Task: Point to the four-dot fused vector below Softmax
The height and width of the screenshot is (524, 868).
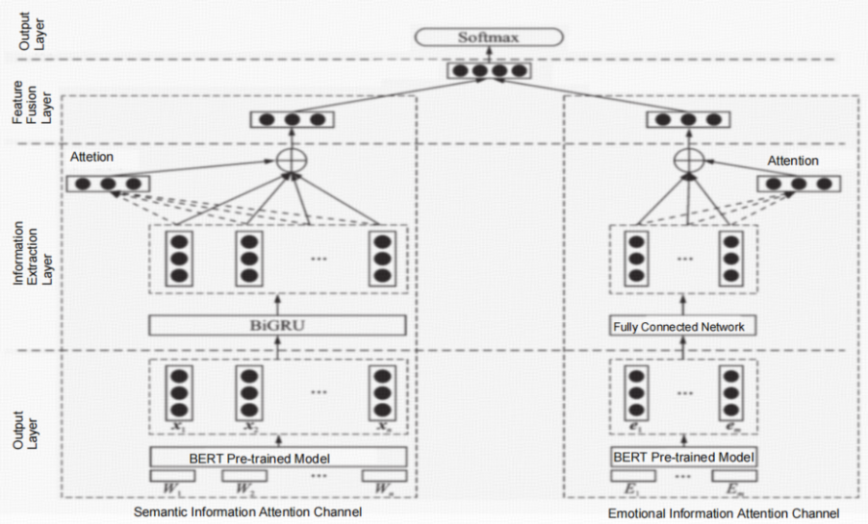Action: coord(488,71)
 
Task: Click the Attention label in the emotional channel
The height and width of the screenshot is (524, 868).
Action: coord(794,161)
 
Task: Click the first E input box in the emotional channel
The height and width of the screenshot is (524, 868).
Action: coord(634,476)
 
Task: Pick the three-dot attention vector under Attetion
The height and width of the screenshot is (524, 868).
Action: coord(108,183)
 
